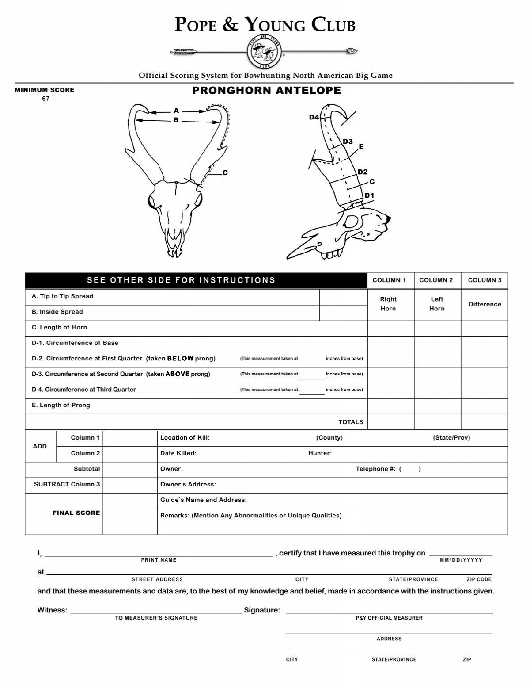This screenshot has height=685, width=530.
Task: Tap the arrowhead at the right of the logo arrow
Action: pos(353,51)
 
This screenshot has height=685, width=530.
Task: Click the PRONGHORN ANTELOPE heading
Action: pos(266,91)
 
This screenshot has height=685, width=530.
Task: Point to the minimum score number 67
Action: pos(45,99)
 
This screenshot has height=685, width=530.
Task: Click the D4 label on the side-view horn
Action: pos(314,117)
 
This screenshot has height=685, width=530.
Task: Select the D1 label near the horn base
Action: pos(369,195)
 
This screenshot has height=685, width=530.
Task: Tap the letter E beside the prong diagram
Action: pos(361,147)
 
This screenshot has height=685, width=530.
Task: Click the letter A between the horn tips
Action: pos(176,111)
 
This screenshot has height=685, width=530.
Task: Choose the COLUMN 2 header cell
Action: pos(436,280)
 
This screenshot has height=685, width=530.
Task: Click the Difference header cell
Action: pos(485,304)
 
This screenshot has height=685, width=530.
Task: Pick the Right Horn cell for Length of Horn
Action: pos(390,328)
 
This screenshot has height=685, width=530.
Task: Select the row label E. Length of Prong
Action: pos(61,405)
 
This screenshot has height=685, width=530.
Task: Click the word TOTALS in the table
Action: pos(351,422)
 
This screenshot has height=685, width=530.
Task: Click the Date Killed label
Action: pos(178,453)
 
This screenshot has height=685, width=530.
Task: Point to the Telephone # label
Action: pos(375,469)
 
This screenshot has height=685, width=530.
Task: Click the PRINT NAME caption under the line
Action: pos(159,560)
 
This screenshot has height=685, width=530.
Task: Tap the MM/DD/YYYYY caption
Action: pos(461,560)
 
